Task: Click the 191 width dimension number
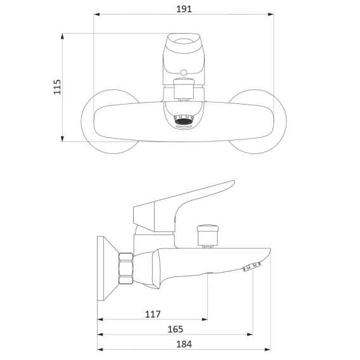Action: [184, 9]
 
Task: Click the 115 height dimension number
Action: [57, 87]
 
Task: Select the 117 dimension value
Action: [153, 314]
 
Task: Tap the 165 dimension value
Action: [176, 329]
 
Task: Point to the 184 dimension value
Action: [184, 344]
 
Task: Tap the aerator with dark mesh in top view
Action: [184, 120]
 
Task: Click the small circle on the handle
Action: [184, 73]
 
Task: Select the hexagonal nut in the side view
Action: [126, 268]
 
